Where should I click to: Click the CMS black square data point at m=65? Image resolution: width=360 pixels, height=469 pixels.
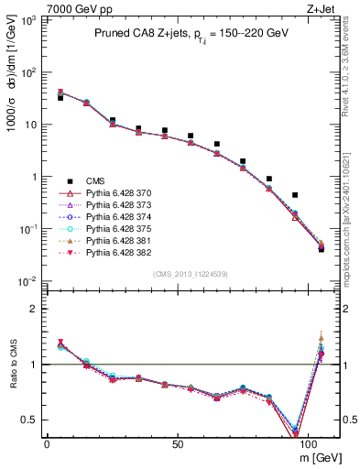pos(216,144)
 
